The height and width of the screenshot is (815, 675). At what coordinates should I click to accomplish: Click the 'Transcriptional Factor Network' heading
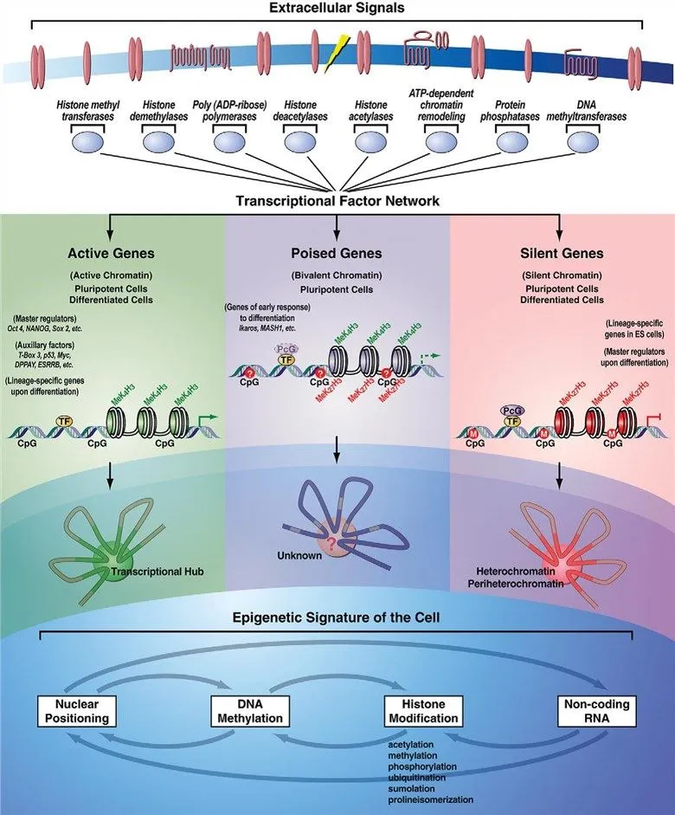pyautogui.click(x=337, y=201)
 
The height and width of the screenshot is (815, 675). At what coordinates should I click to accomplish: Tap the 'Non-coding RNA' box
pyautogui.click(x=591, y=710)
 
